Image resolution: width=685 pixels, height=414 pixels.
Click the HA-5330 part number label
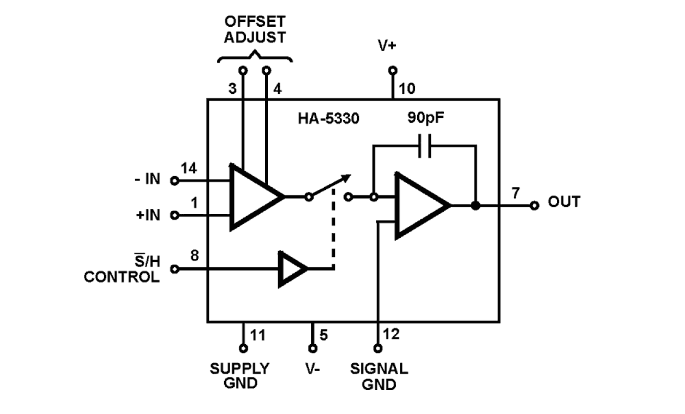click(328, 118)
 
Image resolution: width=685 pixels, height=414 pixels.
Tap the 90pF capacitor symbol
click(424, 146)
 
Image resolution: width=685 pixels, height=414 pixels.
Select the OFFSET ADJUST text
click(254, 31)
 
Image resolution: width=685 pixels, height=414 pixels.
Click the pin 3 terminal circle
click(243, 70)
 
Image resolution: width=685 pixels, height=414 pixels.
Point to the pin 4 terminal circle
click(267, 70)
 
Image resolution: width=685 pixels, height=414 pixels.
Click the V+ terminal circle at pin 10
click(392, 70)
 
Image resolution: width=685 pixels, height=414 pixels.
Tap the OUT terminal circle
click(534, 205)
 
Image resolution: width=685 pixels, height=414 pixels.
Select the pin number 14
click(189, 169)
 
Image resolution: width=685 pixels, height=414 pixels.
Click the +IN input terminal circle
click(175, 215)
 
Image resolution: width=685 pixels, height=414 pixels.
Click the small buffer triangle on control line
click(292, 269)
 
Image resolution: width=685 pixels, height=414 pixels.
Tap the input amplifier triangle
click(254, 196)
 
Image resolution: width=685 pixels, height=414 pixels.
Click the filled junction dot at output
click(476, 206)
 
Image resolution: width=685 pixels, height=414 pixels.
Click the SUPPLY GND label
click(239, 375)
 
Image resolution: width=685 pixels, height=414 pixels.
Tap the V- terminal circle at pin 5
click(313, 348)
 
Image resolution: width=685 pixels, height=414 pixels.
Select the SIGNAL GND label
click(378, 376)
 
